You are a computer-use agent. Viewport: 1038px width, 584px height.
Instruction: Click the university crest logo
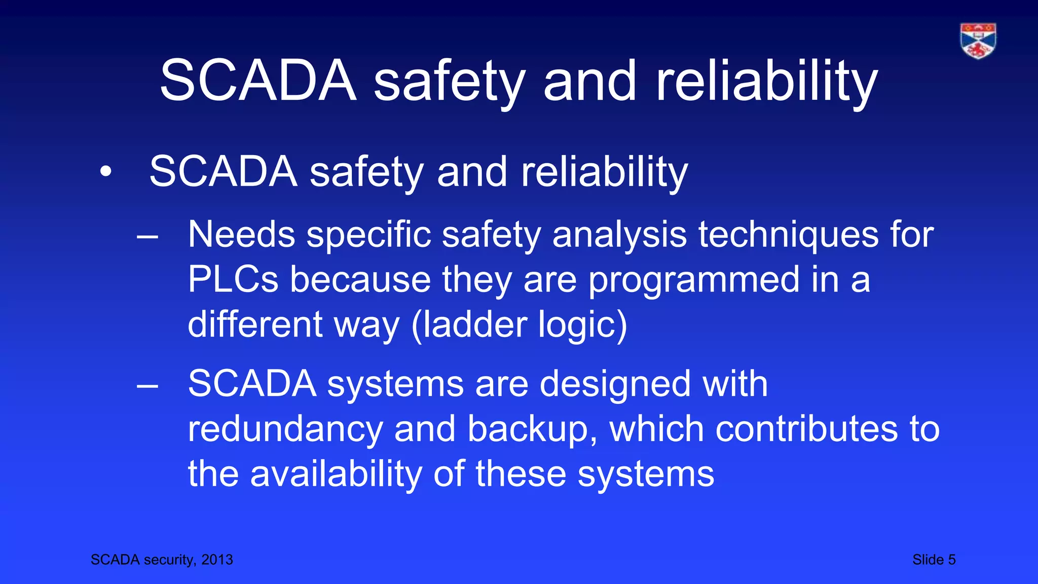point(978,41)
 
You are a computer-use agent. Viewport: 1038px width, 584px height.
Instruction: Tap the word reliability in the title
point(766,81)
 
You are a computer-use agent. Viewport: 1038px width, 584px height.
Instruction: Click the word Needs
point(241,235)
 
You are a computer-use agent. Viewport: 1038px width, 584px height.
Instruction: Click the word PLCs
point(233,279)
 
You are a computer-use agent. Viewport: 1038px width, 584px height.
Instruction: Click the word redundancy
point(285,429)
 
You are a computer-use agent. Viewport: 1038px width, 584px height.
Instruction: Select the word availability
point(336,473)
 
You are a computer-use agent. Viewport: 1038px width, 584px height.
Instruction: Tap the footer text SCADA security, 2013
point(162,560)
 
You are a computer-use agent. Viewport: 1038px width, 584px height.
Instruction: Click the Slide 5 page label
point(934,560)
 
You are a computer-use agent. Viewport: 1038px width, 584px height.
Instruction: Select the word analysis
point(619,235)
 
